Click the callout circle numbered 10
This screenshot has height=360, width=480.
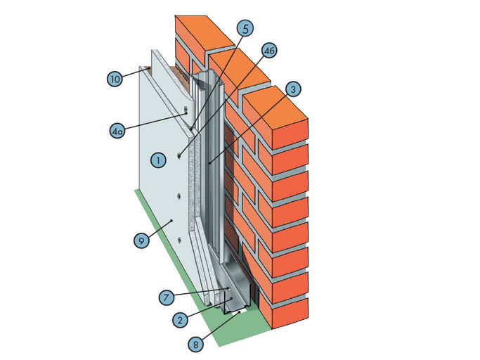pyautogui.click(x=116, y=78)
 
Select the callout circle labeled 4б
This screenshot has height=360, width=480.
pyautogui.click(x=268, y=50)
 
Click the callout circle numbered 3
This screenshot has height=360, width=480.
pyautogui.click(x=293, y=89)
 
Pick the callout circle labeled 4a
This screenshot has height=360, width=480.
pyautogui.click(x=118, y=130)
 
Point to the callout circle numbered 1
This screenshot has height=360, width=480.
pyautogui.click(x=159, y=161)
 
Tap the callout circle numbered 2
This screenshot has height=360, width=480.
pyautogui.click(x=181, y=320)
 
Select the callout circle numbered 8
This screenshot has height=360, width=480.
pyautogui.click(x=195, y=345)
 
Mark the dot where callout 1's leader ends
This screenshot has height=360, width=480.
pyautogui.click(x=179, y=155)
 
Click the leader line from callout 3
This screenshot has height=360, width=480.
pyautogui.click(x=249, y=127)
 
